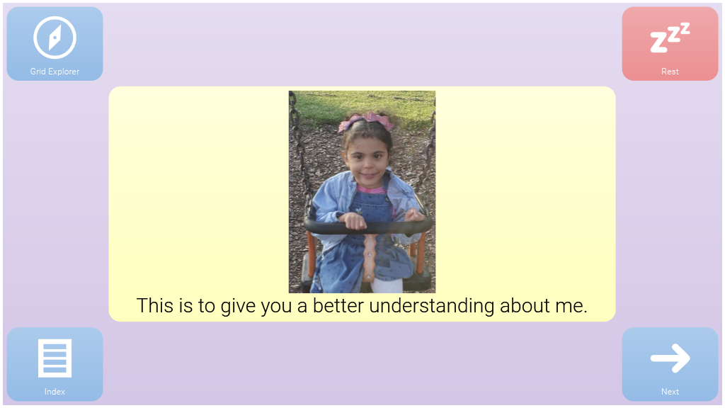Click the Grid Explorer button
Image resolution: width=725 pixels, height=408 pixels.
55,43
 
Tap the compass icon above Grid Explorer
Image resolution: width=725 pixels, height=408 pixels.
55,38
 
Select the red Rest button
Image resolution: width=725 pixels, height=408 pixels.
670,43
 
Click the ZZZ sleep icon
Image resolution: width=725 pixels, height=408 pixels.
670,38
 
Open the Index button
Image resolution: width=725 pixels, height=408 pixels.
55,365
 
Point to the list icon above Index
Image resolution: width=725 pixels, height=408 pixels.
55,358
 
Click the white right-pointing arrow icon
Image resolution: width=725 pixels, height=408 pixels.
670,358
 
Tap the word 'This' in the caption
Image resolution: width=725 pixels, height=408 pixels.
155,306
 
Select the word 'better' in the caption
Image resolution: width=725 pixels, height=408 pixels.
338,306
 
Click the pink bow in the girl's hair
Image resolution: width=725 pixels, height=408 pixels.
366,121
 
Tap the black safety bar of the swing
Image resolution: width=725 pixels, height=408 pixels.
368,226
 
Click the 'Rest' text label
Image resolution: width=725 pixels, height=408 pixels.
670,72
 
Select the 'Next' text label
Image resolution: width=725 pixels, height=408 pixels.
670,391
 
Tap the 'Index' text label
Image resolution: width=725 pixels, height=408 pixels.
55,391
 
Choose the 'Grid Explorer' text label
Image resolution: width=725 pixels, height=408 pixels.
55,72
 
